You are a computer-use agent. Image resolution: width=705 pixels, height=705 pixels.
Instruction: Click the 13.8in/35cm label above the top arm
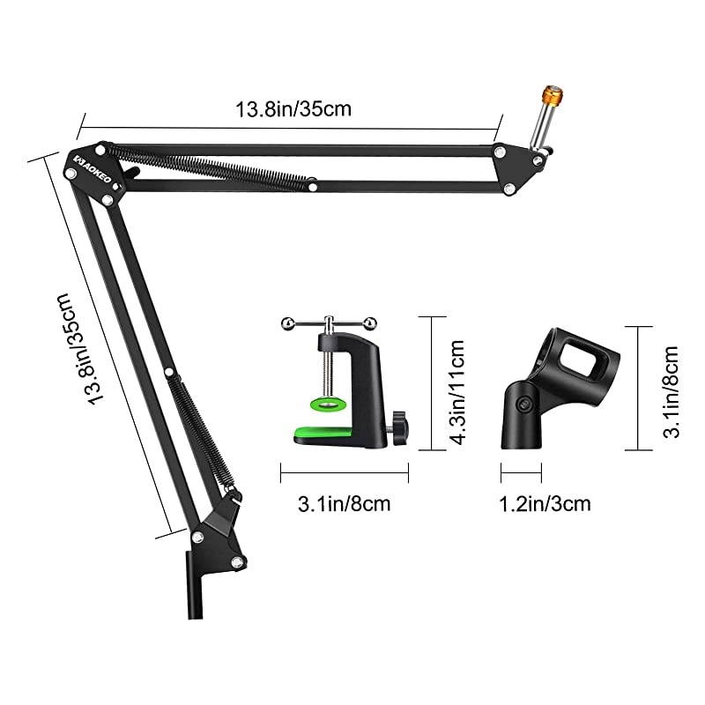281,110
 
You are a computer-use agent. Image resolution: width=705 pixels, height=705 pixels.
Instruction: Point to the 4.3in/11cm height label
456,385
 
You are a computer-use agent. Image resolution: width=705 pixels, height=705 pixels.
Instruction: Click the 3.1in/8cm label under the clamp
344,504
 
